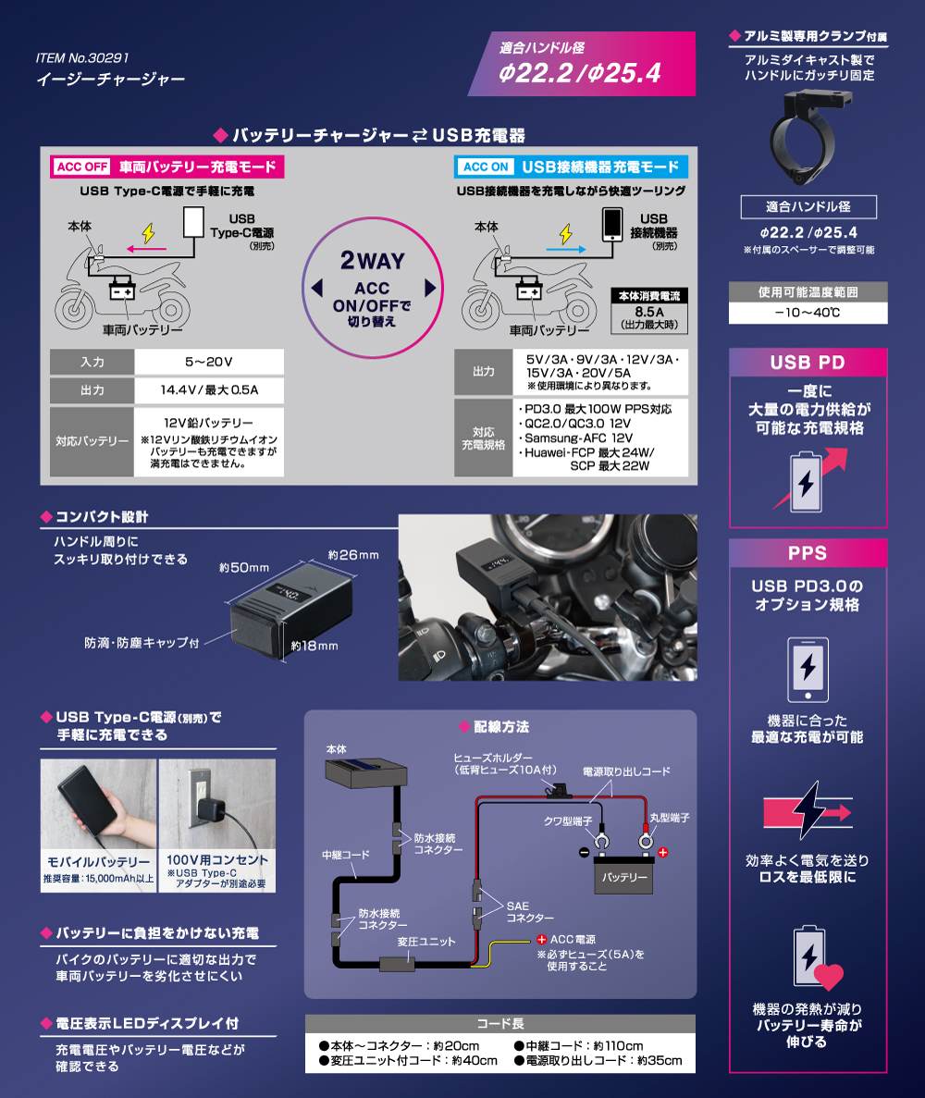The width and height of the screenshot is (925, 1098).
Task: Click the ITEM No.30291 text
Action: tap(82, 58)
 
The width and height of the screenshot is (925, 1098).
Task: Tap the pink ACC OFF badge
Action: tap(82, 167)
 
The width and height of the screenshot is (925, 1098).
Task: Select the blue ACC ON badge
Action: tap(486, 167)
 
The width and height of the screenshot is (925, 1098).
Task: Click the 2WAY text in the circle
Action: tap(373, 261)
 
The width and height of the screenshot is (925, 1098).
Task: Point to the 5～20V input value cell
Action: tap(209, 362)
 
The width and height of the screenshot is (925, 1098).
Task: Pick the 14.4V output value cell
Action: tap(209, 390)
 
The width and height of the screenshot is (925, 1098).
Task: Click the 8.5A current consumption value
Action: tap(649, 312)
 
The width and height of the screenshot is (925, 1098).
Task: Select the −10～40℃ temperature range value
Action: tap(808, 313)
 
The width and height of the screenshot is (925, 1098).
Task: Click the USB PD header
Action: tap(808, 362)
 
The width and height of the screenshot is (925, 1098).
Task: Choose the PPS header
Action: tap(808, 553)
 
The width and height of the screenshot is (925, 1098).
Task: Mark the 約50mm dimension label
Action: tap(243, 568)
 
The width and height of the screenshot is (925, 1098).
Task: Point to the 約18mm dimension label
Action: tap(314, 646)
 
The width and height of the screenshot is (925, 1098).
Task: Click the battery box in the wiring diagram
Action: tap(623, 875)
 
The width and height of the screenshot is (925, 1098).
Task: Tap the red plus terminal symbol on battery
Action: tap(662, 852)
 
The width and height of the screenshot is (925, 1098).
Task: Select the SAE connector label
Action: tap(530, 912)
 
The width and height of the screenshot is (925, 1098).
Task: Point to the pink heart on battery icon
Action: tap(829, 977)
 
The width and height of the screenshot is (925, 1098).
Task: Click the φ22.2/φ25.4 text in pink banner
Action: tap(580, 73)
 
